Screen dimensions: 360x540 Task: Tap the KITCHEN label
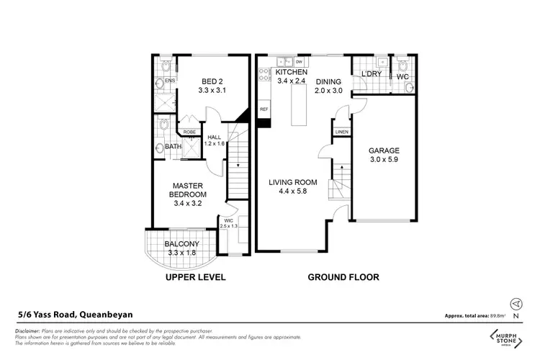(x=292, y=73)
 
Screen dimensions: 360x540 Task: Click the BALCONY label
(x=181, y=244)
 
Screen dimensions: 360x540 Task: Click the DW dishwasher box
(x=298, y=63)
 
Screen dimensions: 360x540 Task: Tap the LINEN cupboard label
(x=341, y=131)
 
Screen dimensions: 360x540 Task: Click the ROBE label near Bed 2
(x=189, y=132)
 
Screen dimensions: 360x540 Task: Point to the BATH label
(x=173, y=147)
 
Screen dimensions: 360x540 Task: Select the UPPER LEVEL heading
(x=195, y=277)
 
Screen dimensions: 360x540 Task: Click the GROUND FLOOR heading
(x=343, y=277)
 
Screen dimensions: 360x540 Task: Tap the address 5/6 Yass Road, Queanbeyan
(x=76, y=314)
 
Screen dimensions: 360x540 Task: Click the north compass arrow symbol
(x=514, y=304)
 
